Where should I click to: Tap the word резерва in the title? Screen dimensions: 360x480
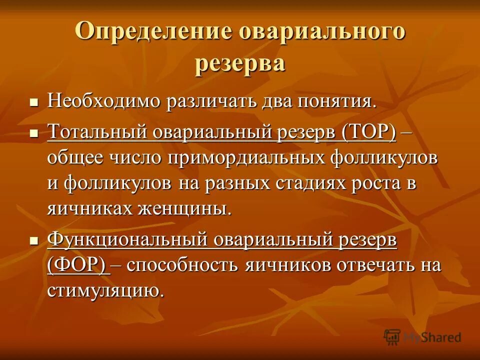pyautogui.click(x=240, y=63)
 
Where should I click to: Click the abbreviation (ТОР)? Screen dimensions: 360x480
pyautogui.click(x=369, y=132)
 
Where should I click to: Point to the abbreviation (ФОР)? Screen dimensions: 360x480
pyautogui.click(x=78, y=265)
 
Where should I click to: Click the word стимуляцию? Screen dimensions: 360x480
pyautogui.click(x=105, y=290)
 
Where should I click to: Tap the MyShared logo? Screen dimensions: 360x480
pyautogui.click(x=422, y=337)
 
